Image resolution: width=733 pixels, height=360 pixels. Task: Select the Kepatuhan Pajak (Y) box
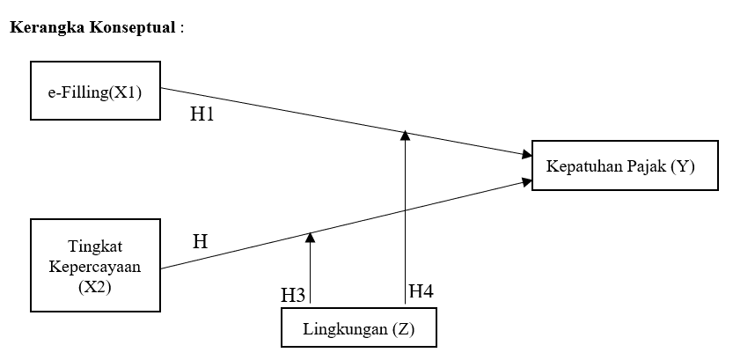[619, 166]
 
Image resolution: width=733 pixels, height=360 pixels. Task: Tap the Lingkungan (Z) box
[358, 330]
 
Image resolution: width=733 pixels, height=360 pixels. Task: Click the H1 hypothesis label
[202, 114]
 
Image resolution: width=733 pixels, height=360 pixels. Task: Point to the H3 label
[293, 295]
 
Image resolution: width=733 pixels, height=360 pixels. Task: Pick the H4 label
[421, 291]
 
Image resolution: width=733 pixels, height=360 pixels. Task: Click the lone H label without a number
[200, 241]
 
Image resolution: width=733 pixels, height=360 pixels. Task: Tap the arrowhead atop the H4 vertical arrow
[405, 136]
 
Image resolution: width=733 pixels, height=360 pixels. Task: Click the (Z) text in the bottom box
[399, 330]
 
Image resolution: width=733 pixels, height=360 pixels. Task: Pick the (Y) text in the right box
[682, 166]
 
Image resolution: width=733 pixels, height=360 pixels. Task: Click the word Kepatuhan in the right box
[584, 166]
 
